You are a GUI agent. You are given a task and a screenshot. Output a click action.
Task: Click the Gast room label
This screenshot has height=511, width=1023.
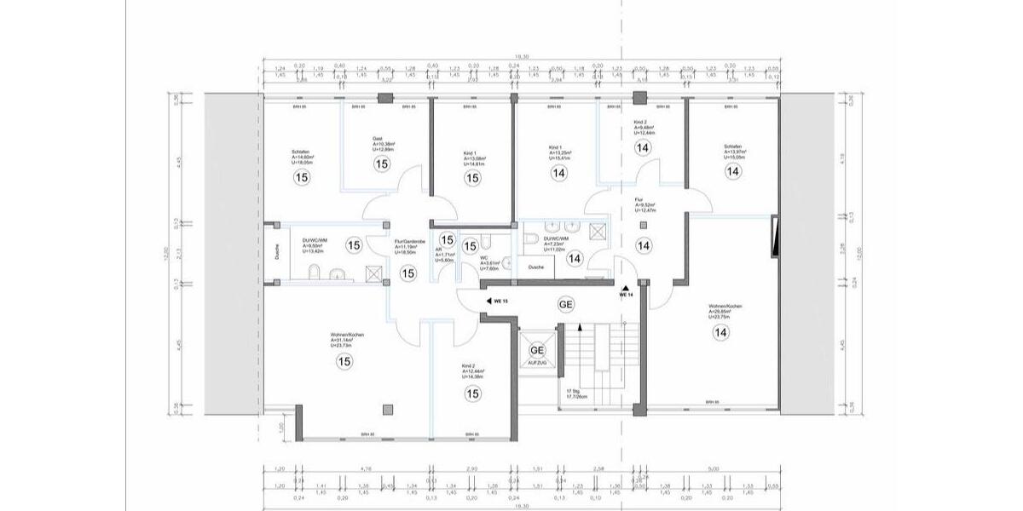click(x=377, y=139)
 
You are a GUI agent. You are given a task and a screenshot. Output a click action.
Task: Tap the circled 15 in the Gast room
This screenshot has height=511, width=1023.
click(x=381, y=164)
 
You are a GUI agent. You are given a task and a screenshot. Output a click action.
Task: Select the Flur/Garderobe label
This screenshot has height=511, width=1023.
click(x=404, y=241)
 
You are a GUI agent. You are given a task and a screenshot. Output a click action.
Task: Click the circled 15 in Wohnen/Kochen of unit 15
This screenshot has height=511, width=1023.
click(x=344, y=362)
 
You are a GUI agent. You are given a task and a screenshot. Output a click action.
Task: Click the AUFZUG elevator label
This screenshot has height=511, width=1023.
click(x=537, y=362)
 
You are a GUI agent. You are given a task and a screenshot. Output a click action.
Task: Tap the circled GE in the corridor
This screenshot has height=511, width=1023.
click(x=565, y=305)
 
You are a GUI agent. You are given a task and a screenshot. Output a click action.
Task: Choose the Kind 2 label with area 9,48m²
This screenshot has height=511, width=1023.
click(x=641, y=123)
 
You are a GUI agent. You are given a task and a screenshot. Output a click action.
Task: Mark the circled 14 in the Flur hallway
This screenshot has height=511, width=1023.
click(x=644, y=245)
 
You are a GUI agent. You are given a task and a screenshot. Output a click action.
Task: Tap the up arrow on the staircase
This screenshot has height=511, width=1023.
click(x=581, y=328)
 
